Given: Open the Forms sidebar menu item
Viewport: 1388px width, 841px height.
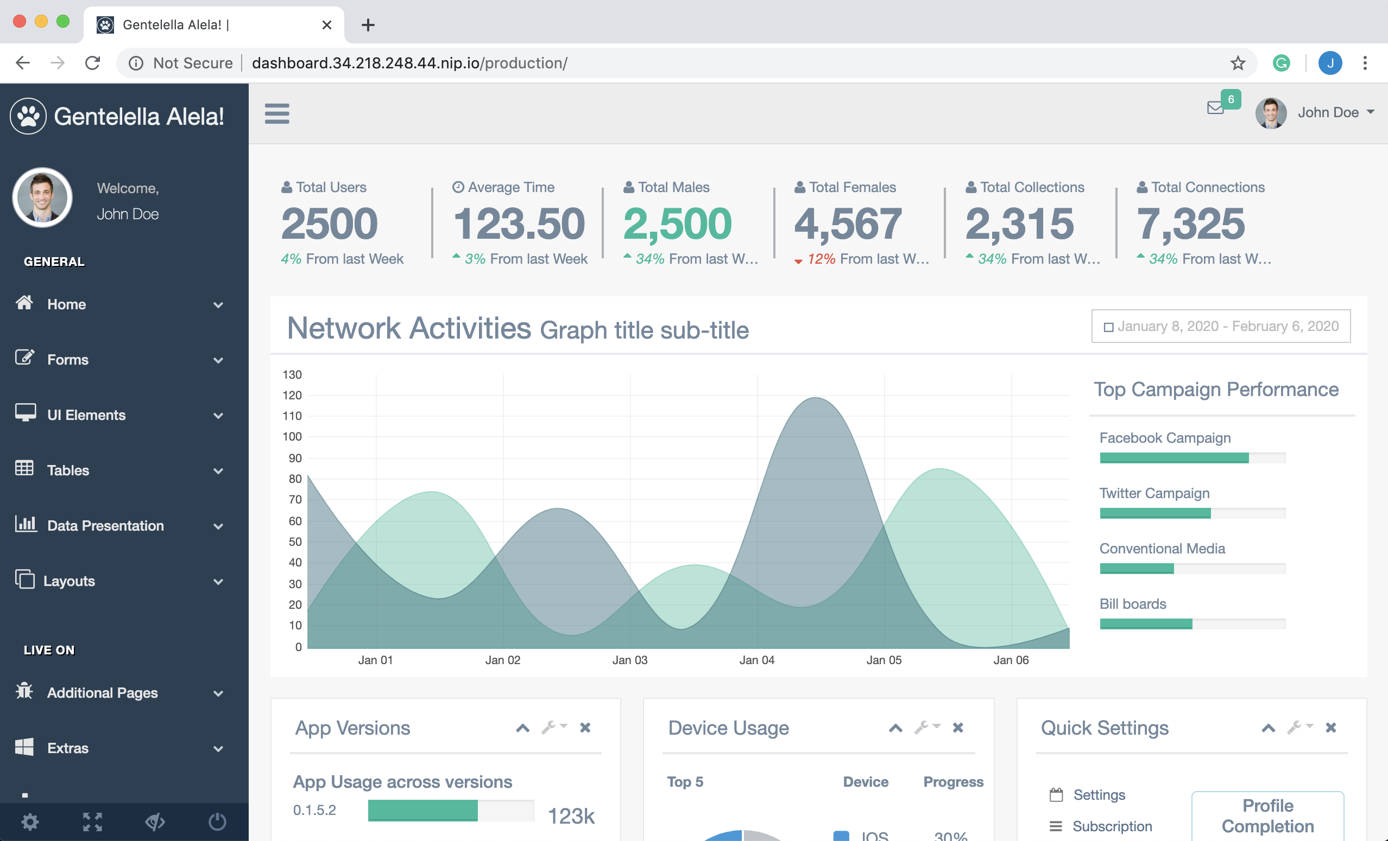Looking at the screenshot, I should [x=67, y=359].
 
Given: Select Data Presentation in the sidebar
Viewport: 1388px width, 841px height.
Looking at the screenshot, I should [x=105, y=525].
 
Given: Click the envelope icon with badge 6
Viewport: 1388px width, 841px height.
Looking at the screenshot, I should [x=1216, y=107].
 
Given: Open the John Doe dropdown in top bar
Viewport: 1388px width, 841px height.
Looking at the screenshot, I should [x=1335, y=112].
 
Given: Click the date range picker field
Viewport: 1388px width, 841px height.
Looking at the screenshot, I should [x=1220, y=326].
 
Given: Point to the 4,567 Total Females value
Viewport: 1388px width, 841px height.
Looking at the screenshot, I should [x=848, y=224].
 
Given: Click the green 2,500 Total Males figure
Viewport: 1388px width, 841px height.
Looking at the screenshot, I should [x=677, y=224].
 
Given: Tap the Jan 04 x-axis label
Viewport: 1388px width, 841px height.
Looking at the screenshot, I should [x=756, y=660].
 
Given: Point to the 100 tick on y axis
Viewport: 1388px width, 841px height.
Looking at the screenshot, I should [x=292, y=436].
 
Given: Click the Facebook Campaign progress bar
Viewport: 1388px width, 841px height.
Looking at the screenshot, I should [x=1192, y=457].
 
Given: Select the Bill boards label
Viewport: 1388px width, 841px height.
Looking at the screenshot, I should [x=1132, y=603].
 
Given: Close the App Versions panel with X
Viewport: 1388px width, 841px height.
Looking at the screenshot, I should [x=585, y=727].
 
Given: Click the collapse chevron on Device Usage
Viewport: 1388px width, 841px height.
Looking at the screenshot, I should [x=895, y=728].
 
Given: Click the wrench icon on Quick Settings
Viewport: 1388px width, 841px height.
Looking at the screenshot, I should [x=1295, y=727].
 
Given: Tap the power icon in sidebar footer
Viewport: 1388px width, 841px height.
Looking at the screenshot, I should [x=217, y=822].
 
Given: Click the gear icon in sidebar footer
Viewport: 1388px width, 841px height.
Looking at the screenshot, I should [x=30, y=822].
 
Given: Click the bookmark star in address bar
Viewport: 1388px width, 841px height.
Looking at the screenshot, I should [x=1237, y=63].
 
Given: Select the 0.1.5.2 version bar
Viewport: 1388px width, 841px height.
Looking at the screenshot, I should [x=422, y=810].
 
